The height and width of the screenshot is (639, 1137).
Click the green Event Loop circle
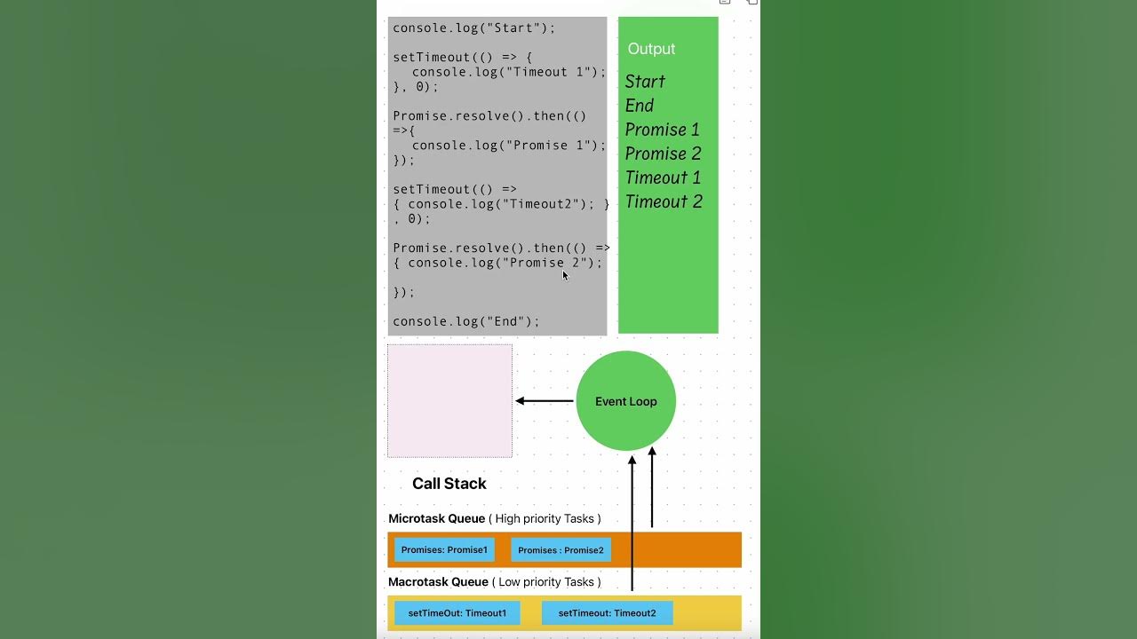(625, 401)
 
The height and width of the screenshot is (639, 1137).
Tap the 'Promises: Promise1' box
(444, 550)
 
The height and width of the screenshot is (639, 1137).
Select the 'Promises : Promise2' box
(561, 550)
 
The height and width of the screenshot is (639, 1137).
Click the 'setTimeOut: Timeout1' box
(457, 613)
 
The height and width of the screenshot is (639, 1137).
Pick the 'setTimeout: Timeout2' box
(607, 613)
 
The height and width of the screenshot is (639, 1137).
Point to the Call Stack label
(449, 484)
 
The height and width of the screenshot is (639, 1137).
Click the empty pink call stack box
(449, 401)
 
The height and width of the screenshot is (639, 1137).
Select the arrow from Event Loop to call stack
(545, 401)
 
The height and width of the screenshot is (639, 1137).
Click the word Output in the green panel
(651, 49)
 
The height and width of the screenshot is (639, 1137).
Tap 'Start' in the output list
(645, 82)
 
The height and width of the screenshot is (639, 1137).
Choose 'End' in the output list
(640, 106)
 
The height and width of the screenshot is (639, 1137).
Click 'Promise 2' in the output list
(663, 154)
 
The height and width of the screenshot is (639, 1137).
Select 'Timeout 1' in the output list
(663, 177)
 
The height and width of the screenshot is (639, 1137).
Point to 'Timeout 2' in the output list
(664, 201)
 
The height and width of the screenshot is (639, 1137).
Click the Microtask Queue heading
(437, 518)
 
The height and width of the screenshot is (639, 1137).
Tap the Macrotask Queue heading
(439, 582)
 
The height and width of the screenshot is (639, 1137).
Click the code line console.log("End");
(465, 321)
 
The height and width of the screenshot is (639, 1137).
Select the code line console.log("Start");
(473, 28)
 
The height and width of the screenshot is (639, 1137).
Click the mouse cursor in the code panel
(565, 276)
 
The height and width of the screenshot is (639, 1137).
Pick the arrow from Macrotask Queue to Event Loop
(632, 524)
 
